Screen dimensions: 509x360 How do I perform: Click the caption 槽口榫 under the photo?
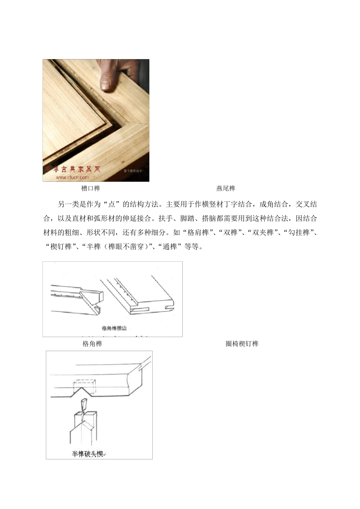coord(91,188)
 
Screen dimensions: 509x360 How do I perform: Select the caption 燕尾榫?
coord(225,188)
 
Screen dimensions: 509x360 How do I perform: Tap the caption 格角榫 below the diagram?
coord(92,344)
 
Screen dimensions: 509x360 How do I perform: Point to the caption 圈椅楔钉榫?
coord(242,344)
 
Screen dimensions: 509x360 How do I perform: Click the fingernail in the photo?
coord(106,85)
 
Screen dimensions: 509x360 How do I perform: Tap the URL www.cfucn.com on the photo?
coord(72,177)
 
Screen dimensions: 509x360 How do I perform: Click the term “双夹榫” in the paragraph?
coord(264,233)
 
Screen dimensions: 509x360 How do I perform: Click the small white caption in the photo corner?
coord(133,171)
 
